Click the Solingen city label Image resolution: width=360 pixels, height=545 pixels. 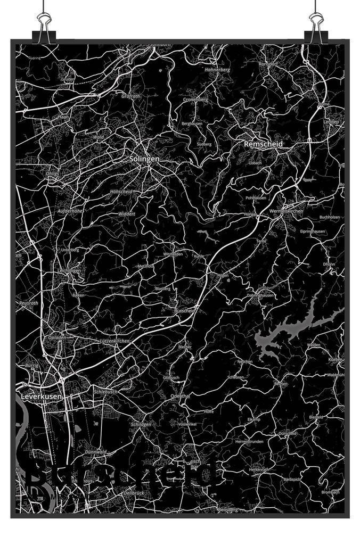click(144, 159)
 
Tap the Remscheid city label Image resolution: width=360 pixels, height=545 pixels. click(263, 144)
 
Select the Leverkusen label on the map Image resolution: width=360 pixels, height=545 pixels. click(42, 397)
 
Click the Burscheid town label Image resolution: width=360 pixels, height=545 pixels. click(185, 310)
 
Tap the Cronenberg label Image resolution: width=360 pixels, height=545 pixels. click(195, 100)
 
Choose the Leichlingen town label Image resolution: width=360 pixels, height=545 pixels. click(70, 270)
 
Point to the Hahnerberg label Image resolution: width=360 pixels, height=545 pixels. click(217, 70)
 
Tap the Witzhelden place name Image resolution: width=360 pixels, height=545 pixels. click(173, 254)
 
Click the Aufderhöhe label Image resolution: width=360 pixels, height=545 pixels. click(69, 211)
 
